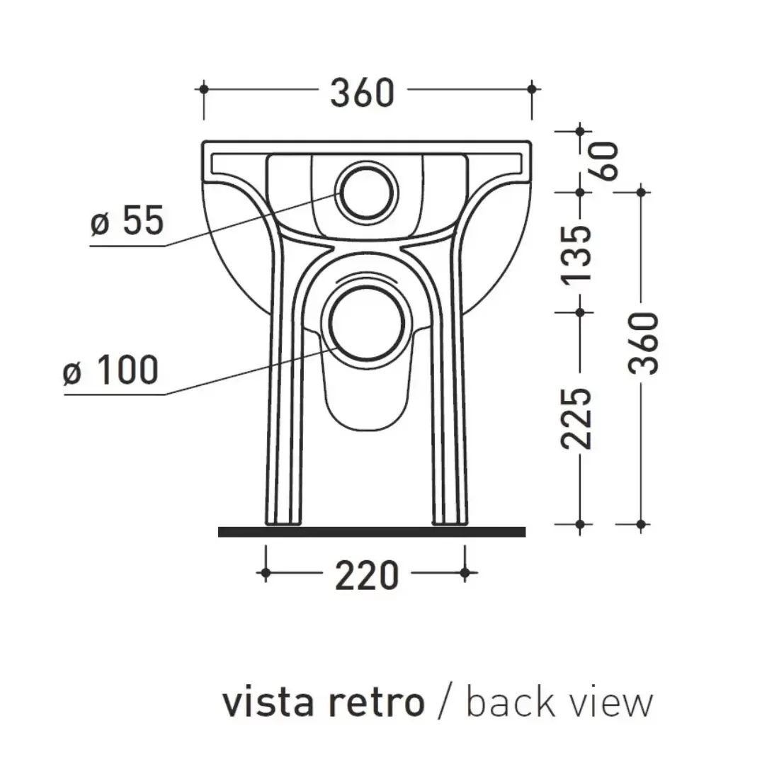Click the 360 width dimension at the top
coord(361,92)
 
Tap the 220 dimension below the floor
coord(366,575)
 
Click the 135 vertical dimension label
coord(575,254)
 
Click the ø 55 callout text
coord(127,222)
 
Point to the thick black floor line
coord(372,532)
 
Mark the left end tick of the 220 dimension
coord(266,573)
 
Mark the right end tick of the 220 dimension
coord(465,573)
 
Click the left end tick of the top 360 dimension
coord(204,89)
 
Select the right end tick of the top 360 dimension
coord(533,89)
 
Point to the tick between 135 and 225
coord(581,311)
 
